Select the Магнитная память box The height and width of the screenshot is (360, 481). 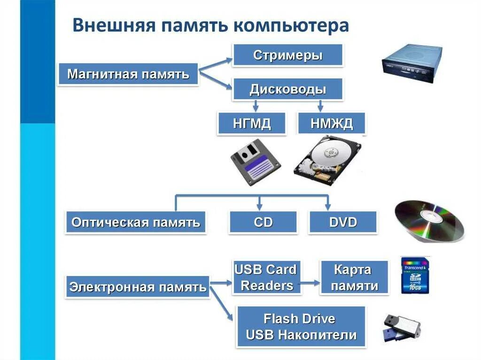click(x=128, y=74)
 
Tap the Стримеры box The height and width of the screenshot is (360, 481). click(x=287, y=55)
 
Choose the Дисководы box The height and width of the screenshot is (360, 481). click(x=287, y=89)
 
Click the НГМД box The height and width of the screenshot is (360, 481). click(x=252, y=124)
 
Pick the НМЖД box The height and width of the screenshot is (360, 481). click(x=332, y=124)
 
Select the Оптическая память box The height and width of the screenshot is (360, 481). click(x=136, y=222)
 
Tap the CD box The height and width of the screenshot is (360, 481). click(x=263, y=222)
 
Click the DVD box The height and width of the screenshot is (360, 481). click(x=343, y=222)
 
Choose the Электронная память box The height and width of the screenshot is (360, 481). click(x=138, y=287)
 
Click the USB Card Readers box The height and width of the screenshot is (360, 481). click(x=266, y=277)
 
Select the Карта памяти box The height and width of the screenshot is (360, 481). click(x=354, y=278)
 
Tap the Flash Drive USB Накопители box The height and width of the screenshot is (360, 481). click(x=301, y=327)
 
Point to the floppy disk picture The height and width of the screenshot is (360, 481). click(x=256, y=161)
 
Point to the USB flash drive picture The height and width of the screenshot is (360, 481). click(x=401, y=327)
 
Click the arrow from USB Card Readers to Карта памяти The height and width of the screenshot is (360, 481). click(x=310, y=283)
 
